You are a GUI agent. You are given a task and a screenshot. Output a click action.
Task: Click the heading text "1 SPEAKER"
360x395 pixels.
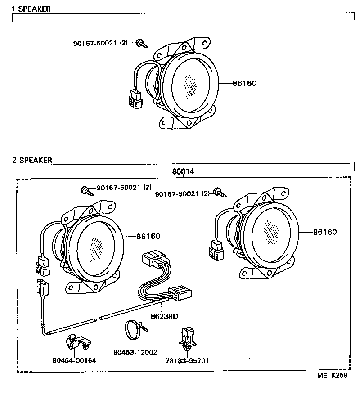(x=31, y=9)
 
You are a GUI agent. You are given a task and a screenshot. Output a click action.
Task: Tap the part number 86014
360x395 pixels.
(x=183, y=172)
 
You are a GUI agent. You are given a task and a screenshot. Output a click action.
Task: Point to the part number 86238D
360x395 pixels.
(x=164, y=316)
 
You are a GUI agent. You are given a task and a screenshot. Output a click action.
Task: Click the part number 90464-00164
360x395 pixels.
(x=74, y=360)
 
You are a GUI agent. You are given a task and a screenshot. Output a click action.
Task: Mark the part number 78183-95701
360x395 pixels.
(x=188, y=360)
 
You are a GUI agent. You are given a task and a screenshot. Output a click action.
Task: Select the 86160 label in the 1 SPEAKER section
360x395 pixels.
(x=245, y=83)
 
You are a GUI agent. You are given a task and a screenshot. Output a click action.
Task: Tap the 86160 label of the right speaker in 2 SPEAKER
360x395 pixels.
(x=324, y=232)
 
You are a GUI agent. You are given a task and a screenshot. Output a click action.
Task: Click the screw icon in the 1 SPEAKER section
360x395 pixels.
(x=143, y=44)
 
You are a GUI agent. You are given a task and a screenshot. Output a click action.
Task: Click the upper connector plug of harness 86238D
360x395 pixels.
(x=154, y=260)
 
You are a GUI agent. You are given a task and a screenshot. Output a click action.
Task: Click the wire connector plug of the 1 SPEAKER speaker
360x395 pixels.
(x=135, y=99)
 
